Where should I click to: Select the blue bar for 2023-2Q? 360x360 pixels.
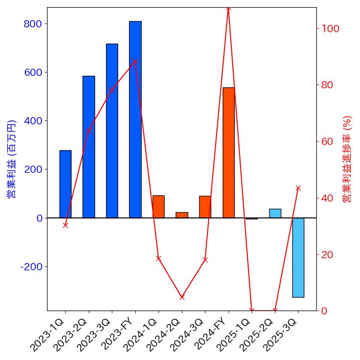[89, 147]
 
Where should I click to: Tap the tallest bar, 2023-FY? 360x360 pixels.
[135, 120]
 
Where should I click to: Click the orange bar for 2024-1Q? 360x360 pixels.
[158, 206]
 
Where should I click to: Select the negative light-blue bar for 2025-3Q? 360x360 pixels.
[298, 257]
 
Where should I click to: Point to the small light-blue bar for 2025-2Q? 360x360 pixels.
[275, 213]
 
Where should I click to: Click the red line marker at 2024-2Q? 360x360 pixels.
[182, 297]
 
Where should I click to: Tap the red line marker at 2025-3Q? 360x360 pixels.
[298, 188]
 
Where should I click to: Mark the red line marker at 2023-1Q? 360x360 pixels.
[65, 225]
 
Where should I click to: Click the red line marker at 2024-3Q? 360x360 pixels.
[205, 260]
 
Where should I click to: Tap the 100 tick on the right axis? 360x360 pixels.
[331, 28]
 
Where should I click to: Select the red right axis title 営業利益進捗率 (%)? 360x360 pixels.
[348, 158]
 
